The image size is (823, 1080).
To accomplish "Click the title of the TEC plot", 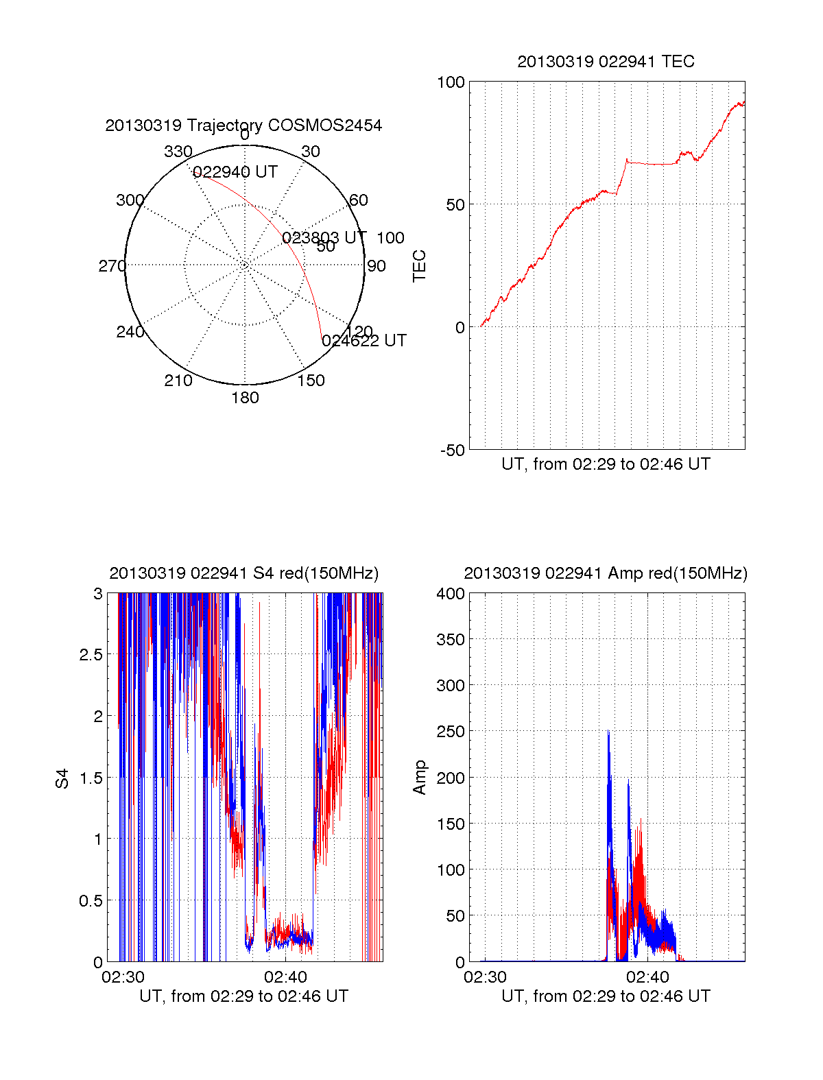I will coord(606,62).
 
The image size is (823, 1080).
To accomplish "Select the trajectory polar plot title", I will coord(243,125).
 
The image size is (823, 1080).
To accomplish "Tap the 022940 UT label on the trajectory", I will coord(235,172).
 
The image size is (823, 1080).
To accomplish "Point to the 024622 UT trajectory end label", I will coord(364,341).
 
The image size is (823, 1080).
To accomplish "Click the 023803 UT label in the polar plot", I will coord(324,238).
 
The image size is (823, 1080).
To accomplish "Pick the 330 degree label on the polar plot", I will coord(178,152).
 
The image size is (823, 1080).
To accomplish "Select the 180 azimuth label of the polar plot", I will coord(245,398).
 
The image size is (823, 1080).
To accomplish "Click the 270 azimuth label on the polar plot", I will coord(112,266).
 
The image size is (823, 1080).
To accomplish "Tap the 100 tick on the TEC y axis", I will coord(451,82).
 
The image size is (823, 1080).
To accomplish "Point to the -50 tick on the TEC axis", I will coord(451,451).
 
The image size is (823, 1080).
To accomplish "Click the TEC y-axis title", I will coord(419,266).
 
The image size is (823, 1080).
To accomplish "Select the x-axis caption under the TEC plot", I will coord(606,464).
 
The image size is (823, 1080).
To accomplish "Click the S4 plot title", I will coord(243,573).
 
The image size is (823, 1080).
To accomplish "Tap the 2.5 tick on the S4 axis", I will coord(91,655).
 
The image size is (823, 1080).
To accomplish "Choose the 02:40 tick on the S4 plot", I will coord(285,976).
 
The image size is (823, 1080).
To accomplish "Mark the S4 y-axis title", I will coord(62,778).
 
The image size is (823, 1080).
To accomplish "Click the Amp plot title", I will coord(606,573).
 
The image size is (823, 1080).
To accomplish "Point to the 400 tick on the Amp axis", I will coord(451,594).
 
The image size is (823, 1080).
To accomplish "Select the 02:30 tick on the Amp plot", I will coord(485,976).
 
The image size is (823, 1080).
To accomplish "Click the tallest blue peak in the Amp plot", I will coord(608,732).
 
